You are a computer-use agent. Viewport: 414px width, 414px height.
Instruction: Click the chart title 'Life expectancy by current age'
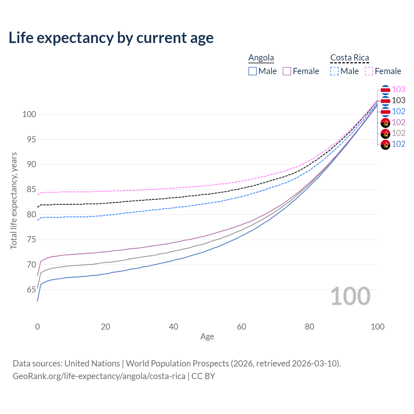pyautogui.click(x=111, y=38)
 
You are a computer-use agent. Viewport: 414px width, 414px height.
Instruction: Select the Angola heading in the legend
pyautogui.click(x=261, y=58)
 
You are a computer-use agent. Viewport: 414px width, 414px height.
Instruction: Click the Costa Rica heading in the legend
pyautogui.click(x=349, y=58)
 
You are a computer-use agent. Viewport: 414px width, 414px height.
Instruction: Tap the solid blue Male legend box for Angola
pyautogui.click(x=253, y=71)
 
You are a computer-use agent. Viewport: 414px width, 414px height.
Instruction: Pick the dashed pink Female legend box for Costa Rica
pyautogui.click(x=369, y=71)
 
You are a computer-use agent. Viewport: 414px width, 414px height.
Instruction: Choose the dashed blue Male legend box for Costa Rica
pyautogui.click(x=334, y=71)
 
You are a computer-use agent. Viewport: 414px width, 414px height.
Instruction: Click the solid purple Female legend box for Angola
pyautogui.click(x=287, y=71)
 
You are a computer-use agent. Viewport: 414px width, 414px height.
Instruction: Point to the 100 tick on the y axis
pyautogui.click(x=29, y=114)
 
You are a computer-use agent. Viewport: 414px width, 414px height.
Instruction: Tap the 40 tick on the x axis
pyautogui.click(x=173, y=327)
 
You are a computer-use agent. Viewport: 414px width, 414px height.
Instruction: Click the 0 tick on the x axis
pyautogui.click(x=38, y=327)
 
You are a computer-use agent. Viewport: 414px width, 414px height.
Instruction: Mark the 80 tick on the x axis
pyautogui.click(x=310, y=327)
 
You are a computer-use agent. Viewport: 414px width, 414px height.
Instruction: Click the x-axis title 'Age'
pyautogui.click(x=207, y=337)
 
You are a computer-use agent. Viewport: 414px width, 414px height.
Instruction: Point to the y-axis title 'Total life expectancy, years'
pyautogui.click(x=14, y=201)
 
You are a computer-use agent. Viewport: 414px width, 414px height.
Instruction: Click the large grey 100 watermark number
pyautogui.click(x=350, y=296)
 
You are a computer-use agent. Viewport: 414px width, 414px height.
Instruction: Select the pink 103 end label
pyautogui.click(x=398, y=89)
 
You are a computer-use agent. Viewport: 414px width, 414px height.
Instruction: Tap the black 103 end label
pyautogui.click(x=398, y=100)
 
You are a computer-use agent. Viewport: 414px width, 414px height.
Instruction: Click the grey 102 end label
pyautogui.click(x=398, y=133)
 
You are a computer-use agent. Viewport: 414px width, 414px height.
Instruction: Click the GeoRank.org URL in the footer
pyautogui.click(x=99, y=376)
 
